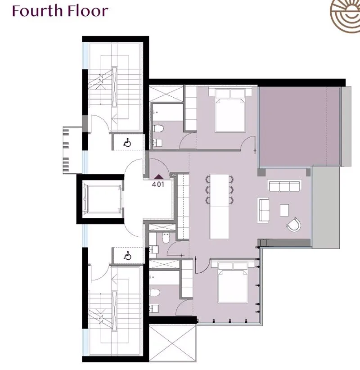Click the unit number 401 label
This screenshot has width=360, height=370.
158,184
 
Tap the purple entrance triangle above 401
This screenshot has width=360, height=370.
158,176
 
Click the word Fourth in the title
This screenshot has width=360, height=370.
37,11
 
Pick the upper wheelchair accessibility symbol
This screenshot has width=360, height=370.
127,143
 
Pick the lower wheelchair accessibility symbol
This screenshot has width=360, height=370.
128,256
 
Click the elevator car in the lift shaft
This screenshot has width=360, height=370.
103,199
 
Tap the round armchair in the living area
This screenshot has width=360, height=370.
294,224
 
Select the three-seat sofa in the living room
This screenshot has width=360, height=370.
284,185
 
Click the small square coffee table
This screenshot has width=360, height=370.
284,210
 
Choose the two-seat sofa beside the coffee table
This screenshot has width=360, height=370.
263,210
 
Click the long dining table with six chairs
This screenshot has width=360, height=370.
220,207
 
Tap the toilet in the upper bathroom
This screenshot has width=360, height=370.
158,129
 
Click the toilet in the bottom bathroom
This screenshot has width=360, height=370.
154,293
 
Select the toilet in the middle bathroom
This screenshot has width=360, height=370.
166,238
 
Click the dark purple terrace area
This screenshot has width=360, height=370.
300,126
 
